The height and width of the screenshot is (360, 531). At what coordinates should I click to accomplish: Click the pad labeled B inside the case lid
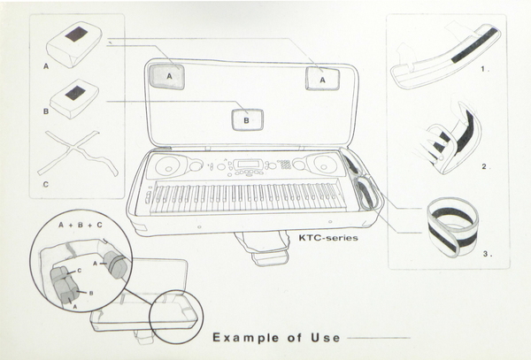tap(248, 119)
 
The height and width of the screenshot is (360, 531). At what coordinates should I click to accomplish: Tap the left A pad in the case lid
tap(167, 77)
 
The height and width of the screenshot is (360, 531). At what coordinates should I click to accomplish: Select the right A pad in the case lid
tap(322, 79)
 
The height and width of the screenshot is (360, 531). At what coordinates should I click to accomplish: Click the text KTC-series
tap(328, 238)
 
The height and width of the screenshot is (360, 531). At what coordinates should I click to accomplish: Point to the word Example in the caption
tap(246, 337)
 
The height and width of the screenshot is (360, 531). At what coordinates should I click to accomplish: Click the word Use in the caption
tap(326, 337)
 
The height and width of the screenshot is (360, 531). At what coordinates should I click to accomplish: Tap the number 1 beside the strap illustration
tap(483, 69)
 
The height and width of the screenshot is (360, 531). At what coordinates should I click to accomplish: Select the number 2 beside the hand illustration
tap(484, 166)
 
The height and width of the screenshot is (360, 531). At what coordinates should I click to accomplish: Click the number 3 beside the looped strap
tap(486, 254)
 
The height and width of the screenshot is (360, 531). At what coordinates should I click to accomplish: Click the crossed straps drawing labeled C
tap(78, 153)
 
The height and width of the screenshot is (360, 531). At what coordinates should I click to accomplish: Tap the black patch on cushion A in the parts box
tap(76, 34)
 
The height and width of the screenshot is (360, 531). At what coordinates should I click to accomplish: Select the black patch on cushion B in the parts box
tap(74, 93)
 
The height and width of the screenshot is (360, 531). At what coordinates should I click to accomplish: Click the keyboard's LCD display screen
tap(247, 165)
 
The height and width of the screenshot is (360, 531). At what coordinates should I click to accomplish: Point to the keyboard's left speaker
tap(167, 165)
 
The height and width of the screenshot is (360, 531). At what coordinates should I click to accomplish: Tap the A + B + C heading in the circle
tap(81, 225)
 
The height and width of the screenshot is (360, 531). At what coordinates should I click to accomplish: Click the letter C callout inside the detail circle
tap(80, 271)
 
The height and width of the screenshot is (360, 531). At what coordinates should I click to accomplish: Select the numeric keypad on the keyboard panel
tap(284, 165)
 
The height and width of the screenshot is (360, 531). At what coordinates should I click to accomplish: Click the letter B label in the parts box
tap(46, 111)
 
